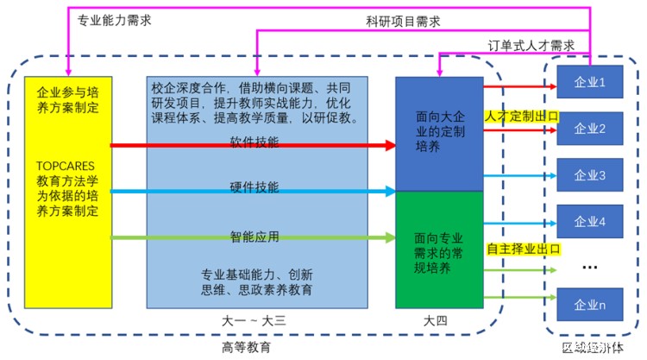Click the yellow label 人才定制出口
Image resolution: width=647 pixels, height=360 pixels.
(x=522, y=115)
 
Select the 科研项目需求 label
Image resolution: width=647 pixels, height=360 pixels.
(x=404, y=21)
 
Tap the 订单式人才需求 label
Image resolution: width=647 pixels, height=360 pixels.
(x=531, y=45)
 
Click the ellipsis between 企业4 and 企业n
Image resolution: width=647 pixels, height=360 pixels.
(x=590, y=267)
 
